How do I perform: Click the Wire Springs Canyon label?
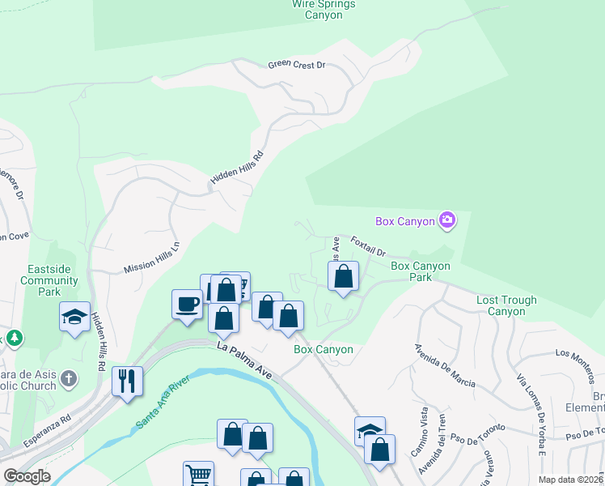pyautogui.click(x=324, y=9)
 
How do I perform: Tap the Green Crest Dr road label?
pyautogui.click(x=296, y=64)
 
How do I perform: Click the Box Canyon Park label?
pyautogui.click(x=421, y=271)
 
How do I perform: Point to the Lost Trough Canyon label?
pyautogui.click(x=506, y=305)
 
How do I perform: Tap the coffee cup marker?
pyautogui.click(x=187, y=305)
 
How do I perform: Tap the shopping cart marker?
pyautogui.click(x=197, y=475)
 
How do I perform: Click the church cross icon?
pyautogui.click(x=70, y=378)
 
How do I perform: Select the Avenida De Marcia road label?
pyautogui.click(x=444, y=365)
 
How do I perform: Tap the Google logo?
pyautogui.click(x=27, y=476)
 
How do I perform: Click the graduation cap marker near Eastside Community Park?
pyautogui.click(x=74, y=316)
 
